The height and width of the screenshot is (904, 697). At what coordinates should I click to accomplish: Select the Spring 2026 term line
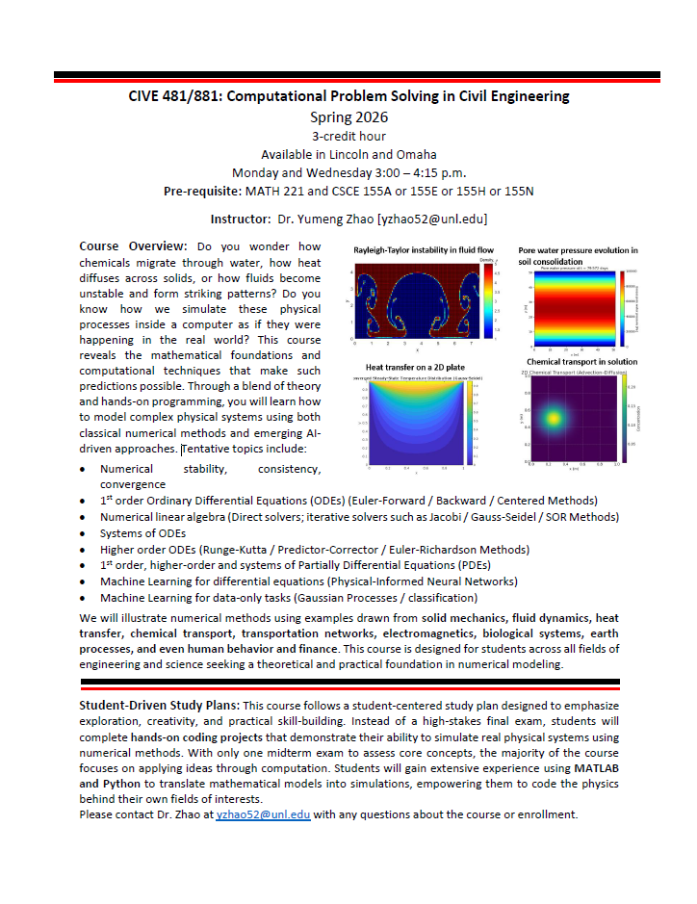click(x=348, y=117)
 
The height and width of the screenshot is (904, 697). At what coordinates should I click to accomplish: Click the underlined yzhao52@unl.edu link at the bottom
click(x=263, y=814)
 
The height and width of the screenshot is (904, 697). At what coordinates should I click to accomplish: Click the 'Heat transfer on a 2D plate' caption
click(x=415, y=367)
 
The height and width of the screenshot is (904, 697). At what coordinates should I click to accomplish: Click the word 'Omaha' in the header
click(x=417, y=154)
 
